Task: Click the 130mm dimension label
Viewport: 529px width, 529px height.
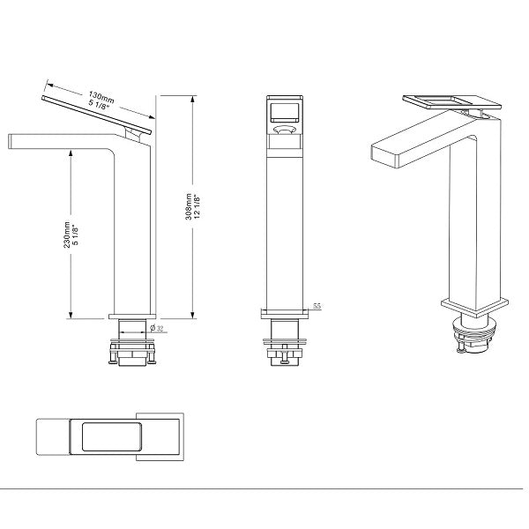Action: click(x=101, y=93)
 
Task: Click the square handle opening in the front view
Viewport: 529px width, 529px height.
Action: click(x=284, y=110)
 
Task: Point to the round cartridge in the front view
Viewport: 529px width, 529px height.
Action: click(x=284, y=131)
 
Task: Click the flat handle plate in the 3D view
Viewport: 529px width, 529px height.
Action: click(x=450, y=102)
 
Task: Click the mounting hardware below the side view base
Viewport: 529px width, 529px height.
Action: click(x=131, y=350)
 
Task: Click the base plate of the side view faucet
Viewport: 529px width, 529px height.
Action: click(x=131, y=315)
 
